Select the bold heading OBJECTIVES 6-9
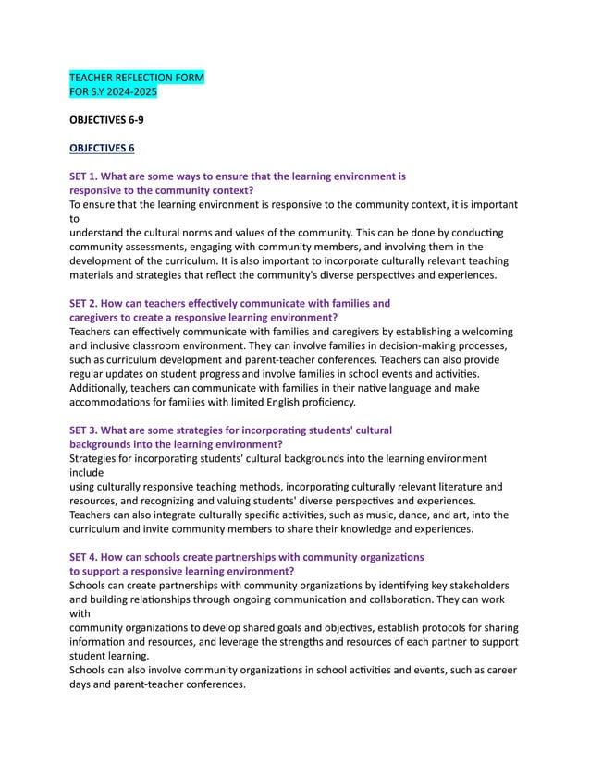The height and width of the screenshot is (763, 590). point(106,120)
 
